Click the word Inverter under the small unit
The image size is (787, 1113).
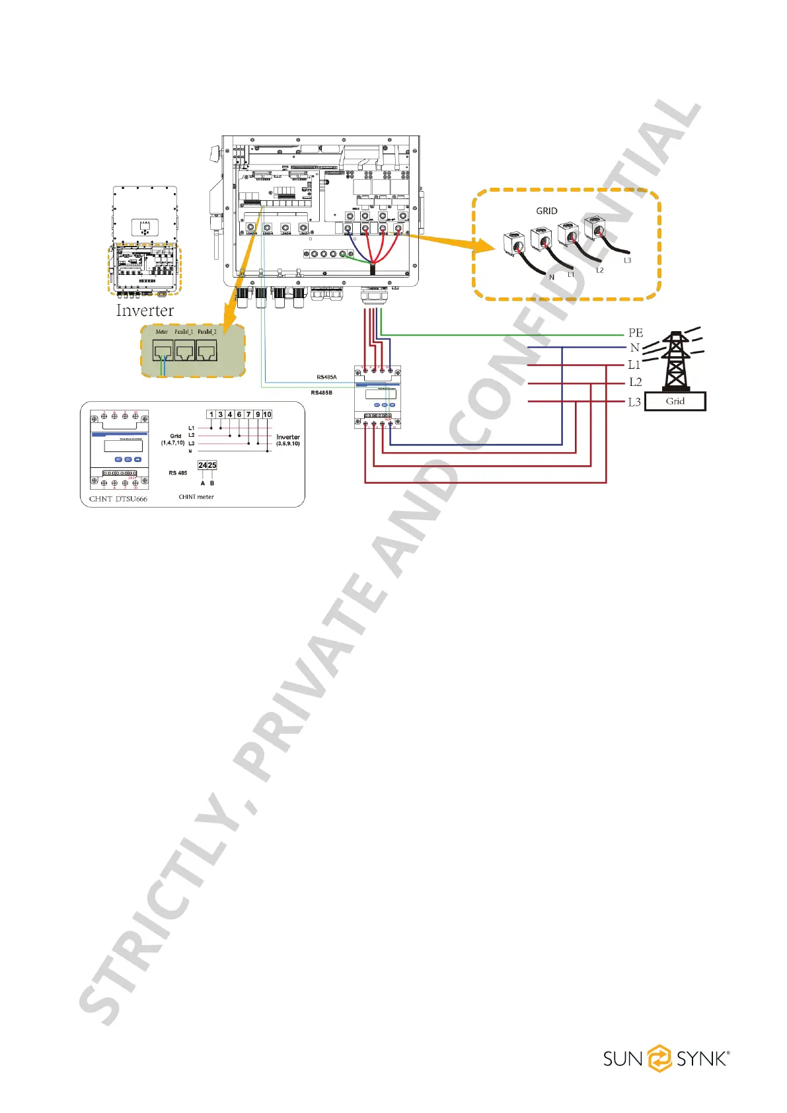(x=145, y=311)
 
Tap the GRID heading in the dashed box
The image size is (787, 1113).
(x=546, y=211)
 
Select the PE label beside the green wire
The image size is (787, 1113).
(x=636, y=333)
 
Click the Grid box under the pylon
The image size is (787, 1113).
(x=675, y=401)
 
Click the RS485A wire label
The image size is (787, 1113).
(x=326, y=377)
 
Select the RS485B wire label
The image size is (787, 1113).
(x=321, y=393)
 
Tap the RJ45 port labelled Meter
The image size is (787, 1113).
(x=163, y=350)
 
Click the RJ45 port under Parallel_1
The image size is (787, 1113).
(x=184, y=350)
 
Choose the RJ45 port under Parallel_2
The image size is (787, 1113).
(x=207, y=350)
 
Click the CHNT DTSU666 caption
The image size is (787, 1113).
(x=118, y=499)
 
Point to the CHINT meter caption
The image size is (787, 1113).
(x=196, y=497)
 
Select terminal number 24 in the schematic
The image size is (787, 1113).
(x=203, y=465)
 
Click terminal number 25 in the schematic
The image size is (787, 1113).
(x=212, y=465)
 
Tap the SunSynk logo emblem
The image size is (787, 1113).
(x=659, y=1058)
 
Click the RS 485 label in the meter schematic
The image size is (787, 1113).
(x=178, y=473)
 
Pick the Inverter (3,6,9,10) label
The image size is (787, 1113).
(x=287, y=440)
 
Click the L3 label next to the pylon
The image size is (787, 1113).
(x=634, y=402)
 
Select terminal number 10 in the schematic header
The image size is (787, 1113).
(x=267, y=414)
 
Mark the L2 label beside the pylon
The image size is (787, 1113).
(x=635, y=382)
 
